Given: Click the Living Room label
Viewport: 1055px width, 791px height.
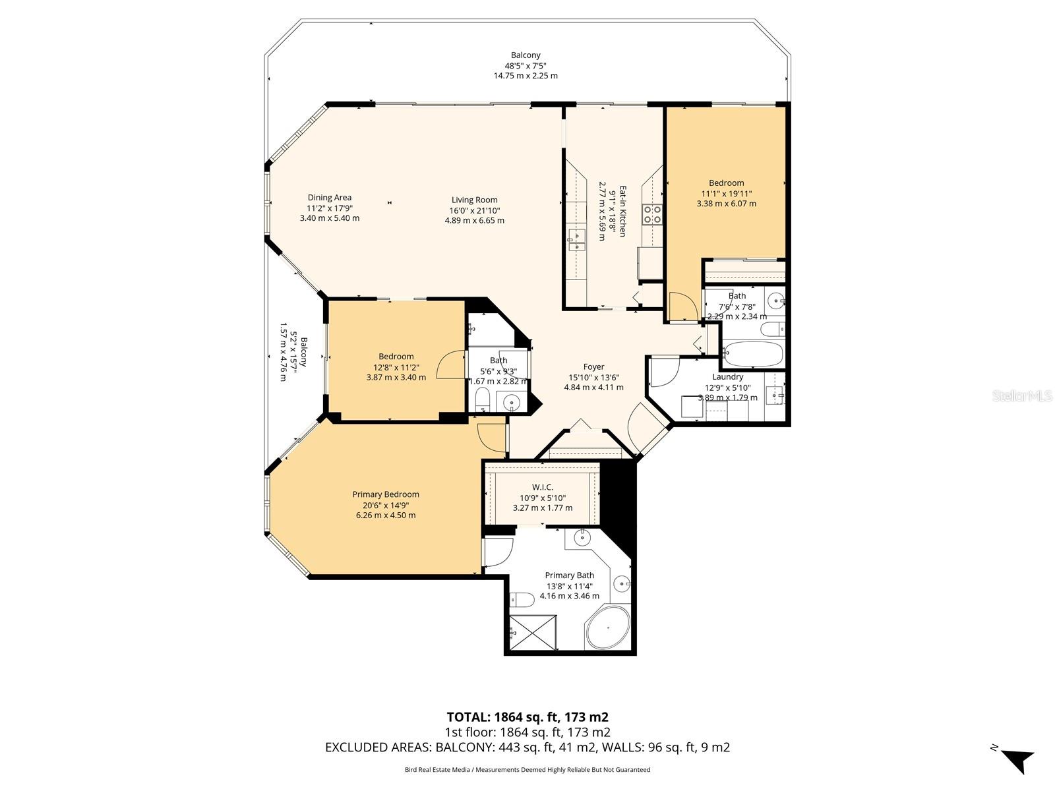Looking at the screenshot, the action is (x=474, y=200).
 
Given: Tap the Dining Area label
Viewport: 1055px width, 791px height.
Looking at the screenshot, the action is (x=329, y=197).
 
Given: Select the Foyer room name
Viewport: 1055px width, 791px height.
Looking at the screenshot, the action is (x=593, y=367).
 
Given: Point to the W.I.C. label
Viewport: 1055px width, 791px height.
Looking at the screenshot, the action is (x=543, y=487).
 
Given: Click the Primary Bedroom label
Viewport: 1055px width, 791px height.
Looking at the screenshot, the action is (x=386, y=494).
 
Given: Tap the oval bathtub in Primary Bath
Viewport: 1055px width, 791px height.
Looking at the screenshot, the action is (x=607, y=628).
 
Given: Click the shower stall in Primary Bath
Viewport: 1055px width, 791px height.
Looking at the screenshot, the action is (x=533, y=632).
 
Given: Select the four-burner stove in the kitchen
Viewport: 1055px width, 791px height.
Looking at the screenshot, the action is (x=652, y=214).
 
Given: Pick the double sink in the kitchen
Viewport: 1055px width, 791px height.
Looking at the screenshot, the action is (x=576, y=240).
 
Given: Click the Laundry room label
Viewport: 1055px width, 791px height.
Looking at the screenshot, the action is (x=728, y=377).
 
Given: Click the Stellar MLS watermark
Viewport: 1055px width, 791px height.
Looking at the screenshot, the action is (x=1022, y=396).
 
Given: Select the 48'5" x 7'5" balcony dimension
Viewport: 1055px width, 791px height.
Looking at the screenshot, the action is (x=526, y=66).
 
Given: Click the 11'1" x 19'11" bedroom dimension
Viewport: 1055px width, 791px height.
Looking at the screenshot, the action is (x=726, y=194).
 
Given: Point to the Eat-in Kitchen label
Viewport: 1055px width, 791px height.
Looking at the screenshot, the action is (x=622, y=212).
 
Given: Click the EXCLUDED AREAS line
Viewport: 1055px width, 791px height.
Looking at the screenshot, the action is (x=527, y=747).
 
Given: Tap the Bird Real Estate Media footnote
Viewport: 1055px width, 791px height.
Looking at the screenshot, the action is (x=527, y=770).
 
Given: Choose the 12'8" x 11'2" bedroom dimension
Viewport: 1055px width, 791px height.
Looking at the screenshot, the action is (x=396, y=367).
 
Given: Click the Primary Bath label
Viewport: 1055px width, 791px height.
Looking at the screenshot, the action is (x=569, y=575).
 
